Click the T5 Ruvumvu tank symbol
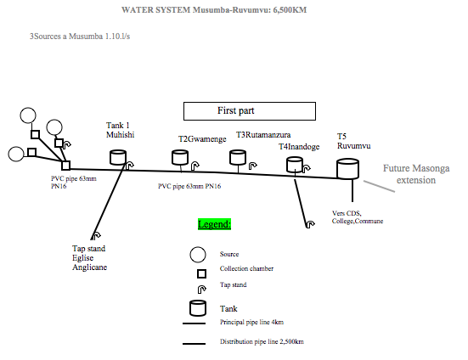347,169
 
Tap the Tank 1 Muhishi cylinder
118,157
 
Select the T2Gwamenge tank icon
180,157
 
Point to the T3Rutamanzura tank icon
238,157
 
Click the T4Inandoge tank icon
295,165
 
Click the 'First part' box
250,111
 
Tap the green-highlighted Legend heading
214,224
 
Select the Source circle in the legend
198,255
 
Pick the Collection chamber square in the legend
202,273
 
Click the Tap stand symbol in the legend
202,289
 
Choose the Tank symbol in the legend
198,308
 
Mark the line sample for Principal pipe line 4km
194,323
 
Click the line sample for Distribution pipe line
194,344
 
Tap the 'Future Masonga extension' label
416,174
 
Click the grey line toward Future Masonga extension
379,186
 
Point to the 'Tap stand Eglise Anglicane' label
89,258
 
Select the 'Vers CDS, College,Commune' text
358,217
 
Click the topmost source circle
28,115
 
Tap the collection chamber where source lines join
66,166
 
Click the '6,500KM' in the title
290,10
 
